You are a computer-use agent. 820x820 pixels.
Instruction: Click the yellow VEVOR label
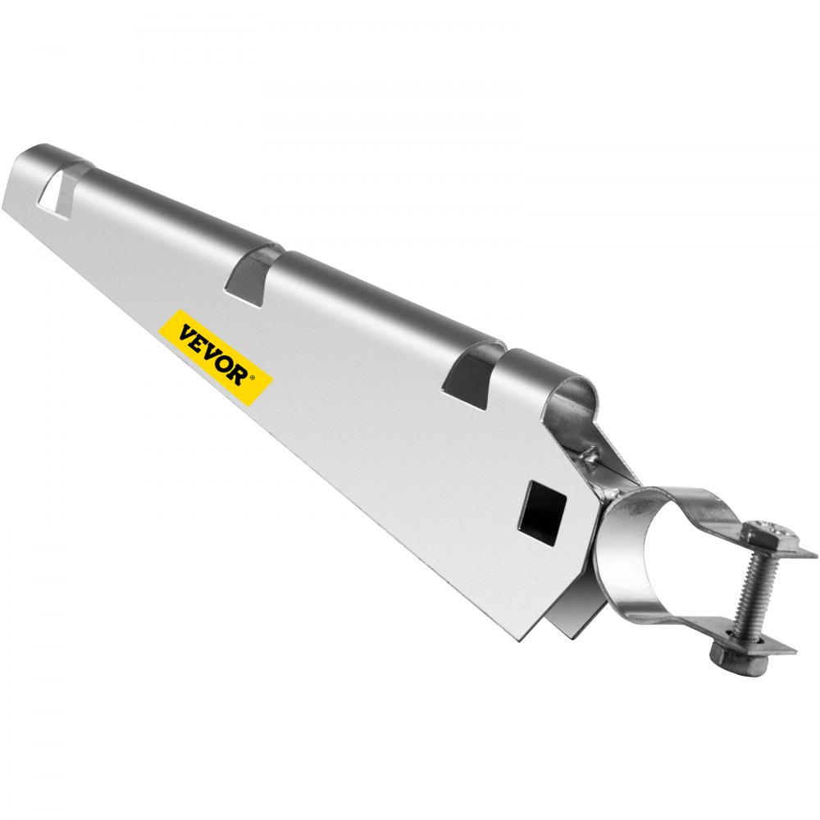(x=215, y=357)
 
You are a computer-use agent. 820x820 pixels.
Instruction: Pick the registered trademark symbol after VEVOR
(x=253, y=380)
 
